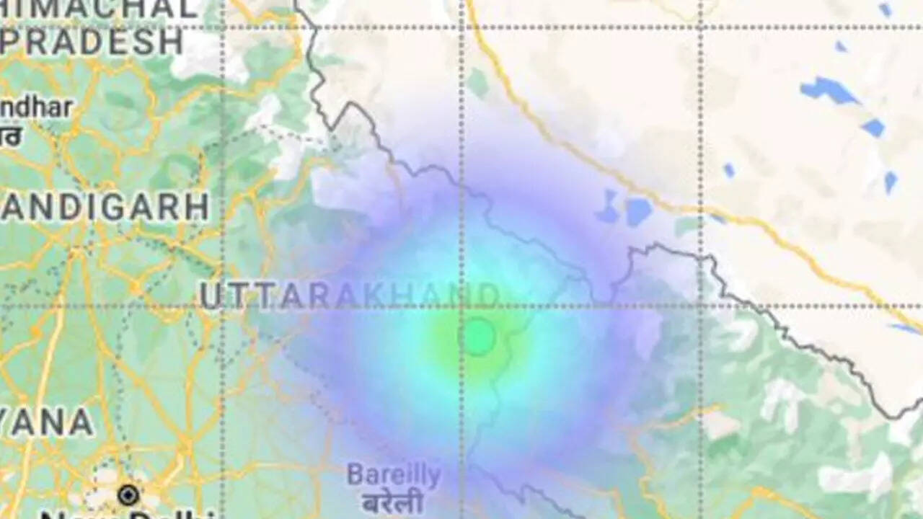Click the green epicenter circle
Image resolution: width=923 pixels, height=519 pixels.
click(477, 337)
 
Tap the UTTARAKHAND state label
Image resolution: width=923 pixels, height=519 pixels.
click(350, 296)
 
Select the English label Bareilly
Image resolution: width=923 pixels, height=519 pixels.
click(394, 475)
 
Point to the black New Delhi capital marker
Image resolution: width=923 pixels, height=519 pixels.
click(128, 495)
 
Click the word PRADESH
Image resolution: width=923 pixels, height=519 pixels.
click(92, 43)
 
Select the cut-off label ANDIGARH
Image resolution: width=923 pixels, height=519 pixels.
click(105, 208)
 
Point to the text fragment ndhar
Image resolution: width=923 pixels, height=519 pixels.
click(36, 108)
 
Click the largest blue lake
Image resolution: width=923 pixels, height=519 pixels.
click(829, 90)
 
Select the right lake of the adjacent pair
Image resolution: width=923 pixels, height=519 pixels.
click(638, 211)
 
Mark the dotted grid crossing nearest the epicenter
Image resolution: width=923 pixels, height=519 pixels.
click(462, 306)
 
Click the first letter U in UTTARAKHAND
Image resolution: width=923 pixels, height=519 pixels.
click(210, 296)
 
